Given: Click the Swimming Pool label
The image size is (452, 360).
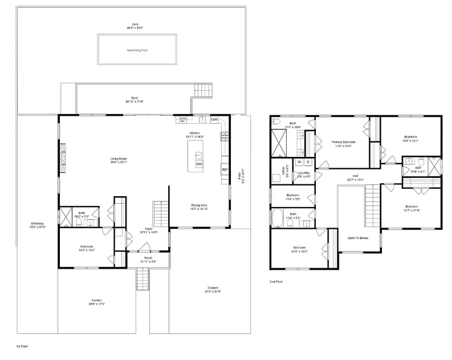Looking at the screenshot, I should coord(137,50).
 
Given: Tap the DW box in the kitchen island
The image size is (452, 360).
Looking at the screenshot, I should coord(199,164).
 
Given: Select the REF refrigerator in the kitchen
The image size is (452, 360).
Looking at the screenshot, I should coord(225,169).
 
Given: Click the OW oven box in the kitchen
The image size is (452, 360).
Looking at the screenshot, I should coord(214,120).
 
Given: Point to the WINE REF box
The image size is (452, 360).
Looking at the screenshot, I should coord(183,120).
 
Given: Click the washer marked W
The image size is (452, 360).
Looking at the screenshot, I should coord(299,162).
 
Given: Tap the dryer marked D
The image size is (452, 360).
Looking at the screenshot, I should coord(308,162).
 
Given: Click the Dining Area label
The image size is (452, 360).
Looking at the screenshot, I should coord(199,206).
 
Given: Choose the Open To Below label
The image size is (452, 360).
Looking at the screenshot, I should coord(358,238).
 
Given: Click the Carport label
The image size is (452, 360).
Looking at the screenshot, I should coord(212,289).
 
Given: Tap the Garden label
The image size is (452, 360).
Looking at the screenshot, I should coord(97,302).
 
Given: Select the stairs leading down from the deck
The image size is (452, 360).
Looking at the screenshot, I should coord(203,90).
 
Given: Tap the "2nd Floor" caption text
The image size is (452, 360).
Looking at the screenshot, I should coord(276,281).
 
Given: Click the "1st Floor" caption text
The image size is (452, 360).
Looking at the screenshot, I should coord(22,346).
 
